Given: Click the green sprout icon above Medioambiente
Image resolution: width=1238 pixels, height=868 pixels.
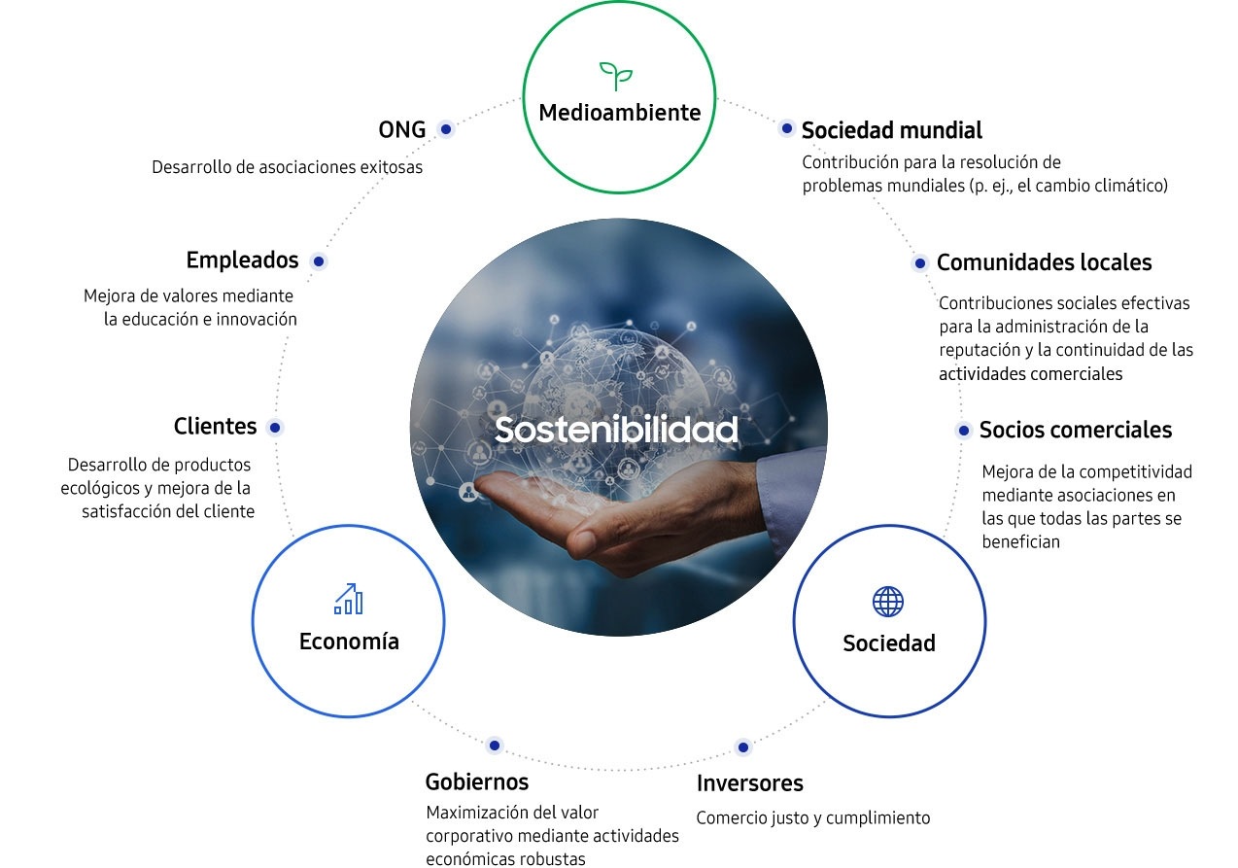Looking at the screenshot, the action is click(616, 76).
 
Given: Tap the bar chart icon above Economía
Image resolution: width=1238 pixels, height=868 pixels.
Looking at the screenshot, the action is click(349, 600).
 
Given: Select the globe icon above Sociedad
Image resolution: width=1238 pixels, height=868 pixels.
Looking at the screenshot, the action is click(888, 602).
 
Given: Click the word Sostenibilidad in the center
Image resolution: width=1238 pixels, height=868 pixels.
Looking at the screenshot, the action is click(616, 430).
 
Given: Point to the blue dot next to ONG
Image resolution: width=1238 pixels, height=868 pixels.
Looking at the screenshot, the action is click(446, 129).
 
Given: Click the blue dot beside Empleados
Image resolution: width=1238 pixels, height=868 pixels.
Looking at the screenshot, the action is click(319, 261).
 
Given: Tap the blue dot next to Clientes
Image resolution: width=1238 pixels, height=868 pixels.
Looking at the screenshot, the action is click(275, 428).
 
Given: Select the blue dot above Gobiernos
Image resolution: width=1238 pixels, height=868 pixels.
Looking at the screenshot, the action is click(495, 746).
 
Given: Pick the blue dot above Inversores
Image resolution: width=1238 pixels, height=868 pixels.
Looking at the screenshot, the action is click(743, 747).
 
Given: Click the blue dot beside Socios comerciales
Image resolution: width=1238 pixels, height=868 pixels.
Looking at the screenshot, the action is click(964, 431).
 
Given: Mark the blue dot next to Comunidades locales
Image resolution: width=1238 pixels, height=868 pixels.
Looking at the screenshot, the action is click(920, 263).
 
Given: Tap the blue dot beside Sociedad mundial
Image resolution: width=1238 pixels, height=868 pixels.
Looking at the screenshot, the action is click(786, 129).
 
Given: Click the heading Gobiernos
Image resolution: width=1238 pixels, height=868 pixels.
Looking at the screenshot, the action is click(477, 781).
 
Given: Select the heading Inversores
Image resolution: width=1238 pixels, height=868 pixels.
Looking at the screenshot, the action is click(750, 783).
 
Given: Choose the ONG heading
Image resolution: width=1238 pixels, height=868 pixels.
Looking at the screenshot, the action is click(401, 130).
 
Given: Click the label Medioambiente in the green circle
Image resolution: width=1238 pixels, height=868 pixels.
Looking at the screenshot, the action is click(620, 112).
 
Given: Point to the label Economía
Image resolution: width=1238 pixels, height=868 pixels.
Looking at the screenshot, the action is click(349, 642).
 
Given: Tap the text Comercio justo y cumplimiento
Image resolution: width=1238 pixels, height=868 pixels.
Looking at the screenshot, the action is click(813, 818).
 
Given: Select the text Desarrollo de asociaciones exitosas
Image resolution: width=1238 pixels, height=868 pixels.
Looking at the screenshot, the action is click(287, 167).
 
